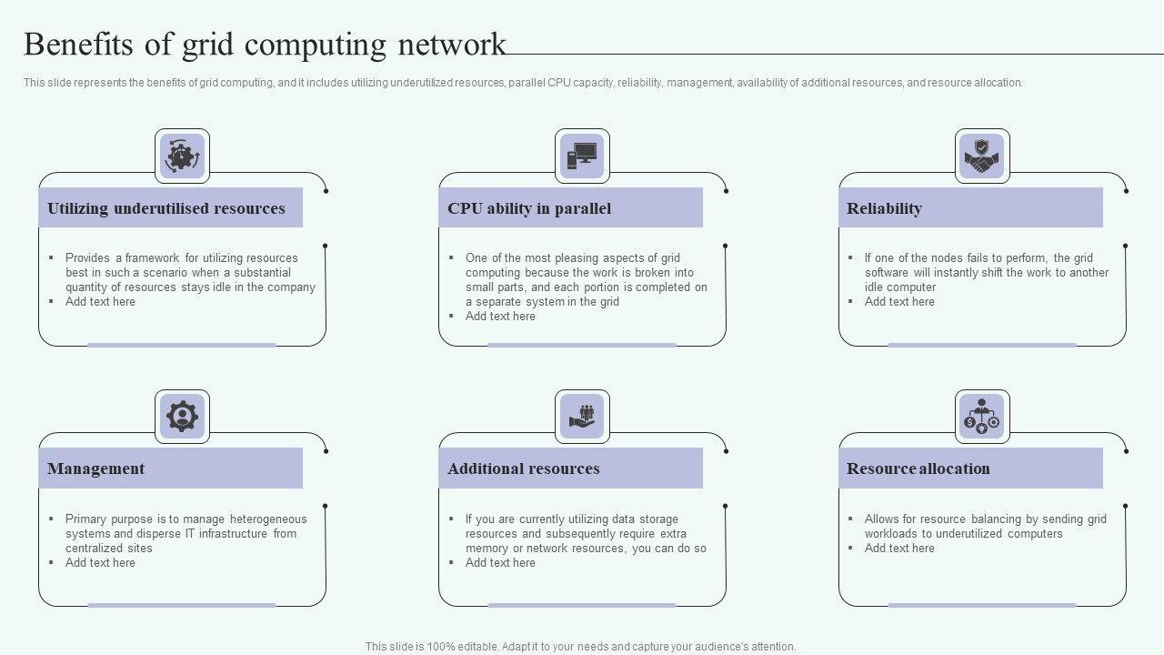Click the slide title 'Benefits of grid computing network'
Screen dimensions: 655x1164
click(x=265, y=45)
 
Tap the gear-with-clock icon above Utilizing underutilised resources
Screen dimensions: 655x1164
click(x=182, y=156)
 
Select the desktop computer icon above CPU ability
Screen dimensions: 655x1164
click(x=582, y=156)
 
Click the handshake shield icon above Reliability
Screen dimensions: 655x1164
click(x=982, y=156)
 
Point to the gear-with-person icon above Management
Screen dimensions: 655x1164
click(x=182, y=417)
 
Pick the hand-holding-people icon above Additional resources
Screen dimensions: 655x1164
click(x=582, y=417)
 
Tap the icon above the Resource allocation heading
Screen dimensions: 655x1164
click(x=982, y=417)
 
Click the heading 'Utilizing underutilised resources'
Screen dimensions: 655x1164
click(x=166, y=208)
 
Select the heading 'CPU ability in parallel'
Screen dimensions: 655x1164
click(x=529, y=208)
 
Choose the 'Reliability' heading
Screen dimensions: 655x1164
click(x=884, y=208)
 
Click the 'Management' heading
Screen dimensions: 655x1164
click(x=95, y=469)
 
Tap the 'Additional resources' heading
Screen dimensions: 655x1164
click(x=524, y=469)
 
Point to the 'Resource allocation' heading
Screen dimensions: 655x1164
click(x=918, y=469)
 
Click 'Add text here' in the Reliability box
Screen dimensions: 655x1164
click(x=899, y=302)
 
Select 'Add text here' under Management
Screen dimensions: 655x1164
click(x=100, y=563)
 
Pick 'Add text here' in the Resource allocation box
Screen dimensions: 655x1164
click(x=899, y=549)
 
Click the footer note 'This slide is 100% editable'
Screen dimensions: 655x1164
click(x=580, y=647)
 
